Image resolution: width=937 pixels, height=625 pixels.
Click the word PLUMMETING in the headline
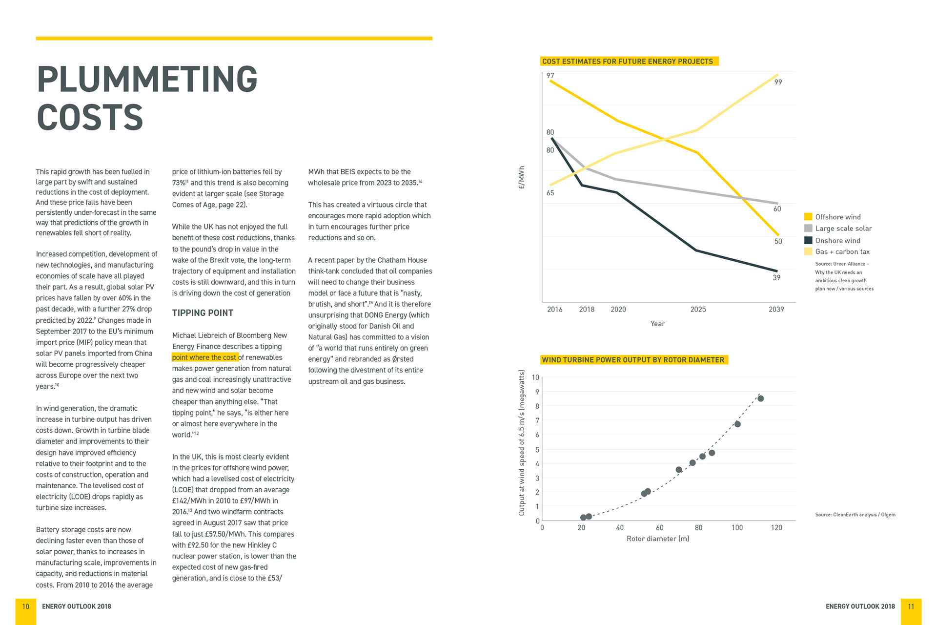pos(147,80)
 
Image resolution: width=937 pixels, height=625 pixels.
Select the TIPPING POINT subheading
pos(203,313)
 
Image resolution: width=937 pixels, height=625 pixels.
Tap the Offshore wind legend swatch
pos(808,217)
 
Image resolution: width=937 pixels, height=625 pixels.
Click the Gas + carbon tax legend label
pos(842,252)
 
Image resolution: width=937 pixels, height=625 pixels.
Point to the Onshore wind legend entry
pos(837,241)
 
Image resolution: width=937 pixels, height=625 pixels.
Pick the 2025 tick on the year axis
pos(698,310)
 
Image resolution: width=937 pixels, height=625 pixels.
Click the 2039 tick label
pos(776,310)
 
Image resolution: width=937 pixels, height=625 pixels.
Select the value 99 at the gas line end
pos(778,83)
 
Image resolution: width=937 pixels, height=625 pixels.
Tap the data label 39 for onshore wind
pos(776,278)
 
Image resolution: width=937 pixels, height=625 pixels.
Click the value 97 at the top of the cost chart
pos(550,76)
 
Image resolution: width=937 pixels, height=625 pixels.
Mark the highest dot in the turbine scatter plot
pos(760,399)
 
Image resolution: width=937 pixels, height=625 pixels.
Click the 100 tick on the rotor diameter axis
pos(737,528)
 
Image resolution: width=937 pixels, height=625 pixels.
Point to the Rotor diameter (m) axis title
pos(658,539)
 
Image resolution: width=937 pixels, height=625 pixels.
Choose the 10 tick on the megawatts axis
pos(535,377)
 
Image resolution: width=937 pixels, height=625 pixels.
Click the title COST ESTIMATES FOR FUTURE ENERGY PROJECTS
pos(628,62)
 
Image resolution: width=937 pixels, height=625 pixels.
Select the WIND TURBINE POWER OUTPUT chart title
pos(633,360)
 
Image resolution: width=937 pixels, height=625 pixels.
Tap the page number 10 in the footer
pos(26,606)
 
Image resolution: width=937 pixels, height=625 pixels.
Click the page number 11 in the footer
pos(911,606)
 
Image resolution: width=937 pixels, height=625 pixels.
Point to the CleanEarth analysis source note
pos(855,515)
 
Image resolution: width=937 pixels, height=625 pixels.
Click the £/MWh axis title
pos(522,177)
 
